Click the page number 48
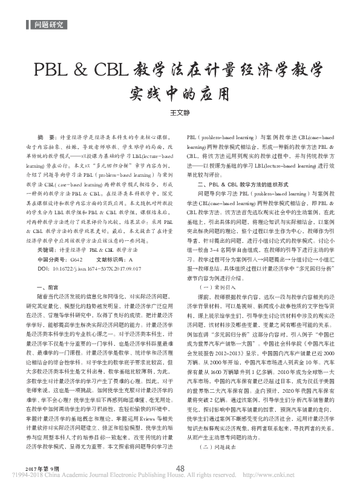[180, 467]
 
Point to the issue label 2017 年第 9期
[44, 470]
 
